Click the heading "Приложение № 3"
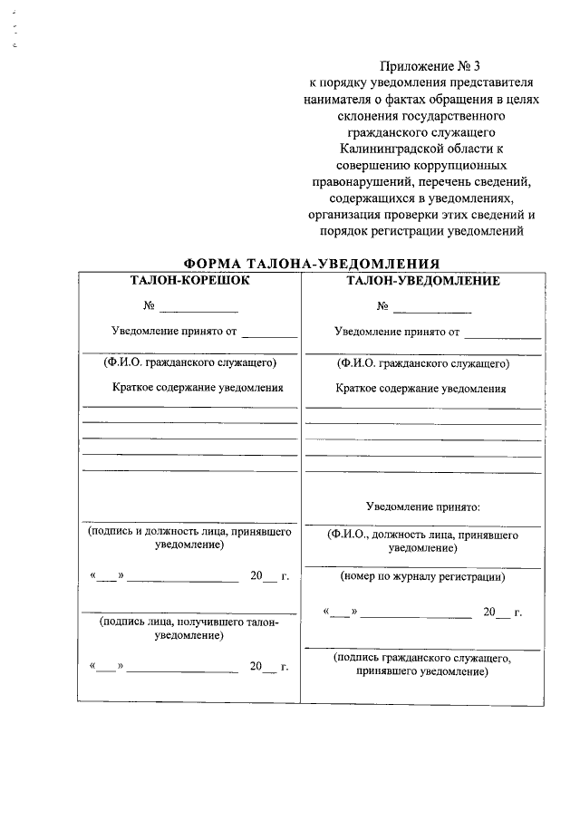click(x=421, y=65)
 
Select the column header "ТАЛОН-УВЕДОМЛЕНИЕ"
click(x=422, y=281)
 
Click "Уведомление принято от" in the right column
click(x=397, y=332)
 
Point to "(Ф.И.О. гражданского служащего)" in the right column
click(x=422, y=364)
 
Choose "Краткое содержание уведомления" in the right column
click(x=420, y=389)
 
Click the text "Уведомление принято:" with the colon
click(x=422, y=507)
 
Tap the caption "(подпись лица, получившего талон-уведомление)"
click(x=189, y=629)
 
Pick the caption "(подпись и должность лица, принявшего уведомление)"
click(x=189, y=539)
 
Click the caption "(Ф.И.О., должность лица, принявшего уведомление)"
click(x=422, y=542)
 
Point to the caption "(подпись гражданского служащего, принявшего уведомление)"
click(x=422, y=664)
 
